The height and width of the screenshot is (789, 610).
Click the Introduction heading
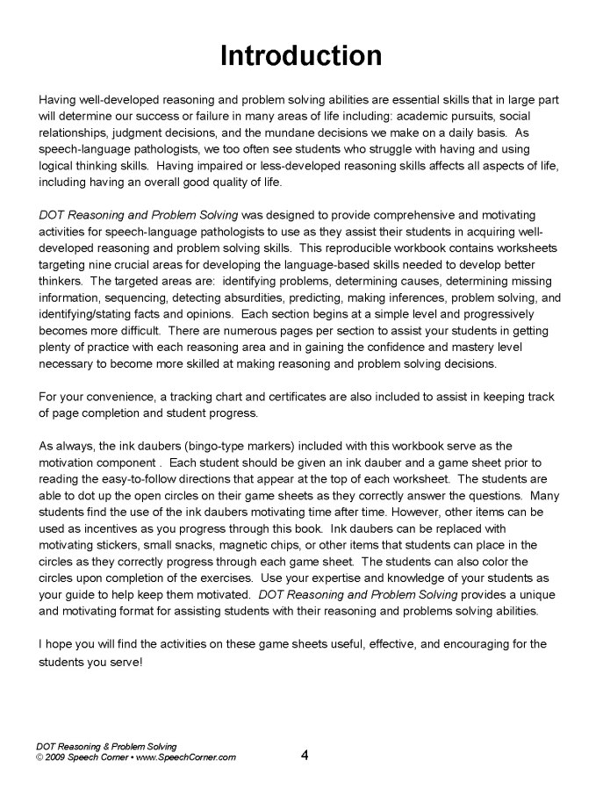(x=301, y=56)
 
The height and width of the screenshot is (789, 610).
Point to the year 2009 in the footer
(x=56, y=757)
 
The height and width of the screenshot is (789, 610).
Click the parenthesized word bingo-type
(x=208, y=447)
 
